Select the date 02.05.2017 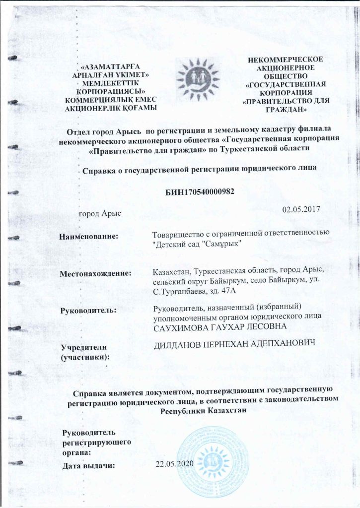[297, 209]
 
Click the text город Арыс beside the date [100, 213]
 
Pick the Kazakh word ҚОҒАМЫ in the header [141, 108]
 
